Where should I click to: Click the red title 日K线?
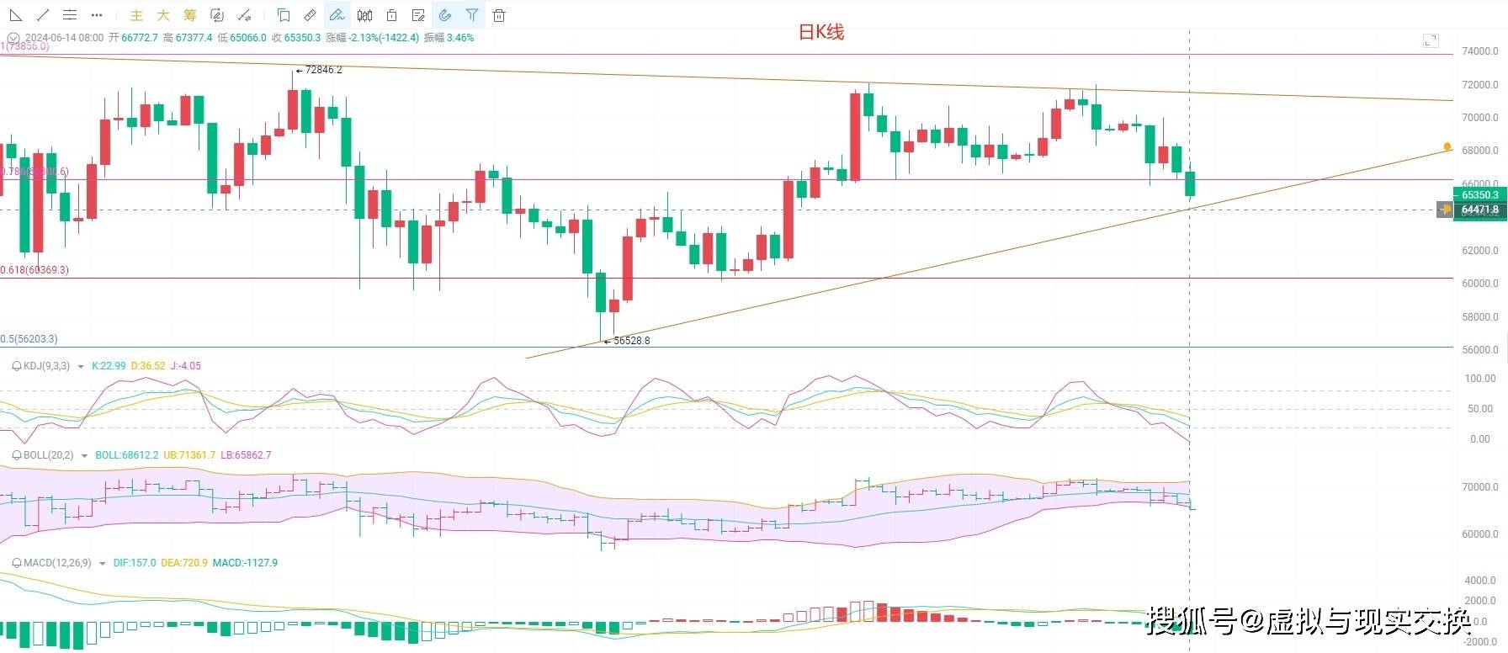click(820, 32)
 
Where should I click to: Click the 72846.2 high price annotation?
click(323, 70)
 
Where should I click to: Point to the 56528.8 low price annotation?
click(631, 341)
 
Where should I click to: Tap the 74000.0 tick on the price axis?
click(1479, 51)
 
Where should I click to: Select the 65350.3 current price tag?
click(1479, 195)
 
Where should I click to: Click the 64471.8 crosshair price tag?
click(1479, 210)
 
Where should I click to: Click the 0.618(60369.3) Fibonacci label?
click(35, 270)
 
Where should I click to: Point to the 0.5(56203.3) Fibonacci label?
click(29, 339)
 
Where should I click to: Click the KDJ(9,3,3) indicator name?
click(46, 366)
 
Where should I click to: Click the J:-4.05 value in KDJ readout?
click(185, 366)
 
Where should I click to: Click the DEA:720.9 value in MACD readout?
click(183, 563)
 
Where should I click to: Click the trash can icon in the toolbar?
click(499, 15)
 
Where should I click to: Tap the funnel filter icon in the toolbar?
click(472, 15)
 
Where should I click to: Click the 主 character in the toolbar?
click(136, 15)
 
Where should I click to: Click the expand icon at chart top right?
click(1431, 40)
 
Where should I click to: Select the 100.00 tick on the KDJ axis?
click(1479, 379)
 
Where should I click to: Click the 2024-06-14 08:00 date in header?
click(64, 38)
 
